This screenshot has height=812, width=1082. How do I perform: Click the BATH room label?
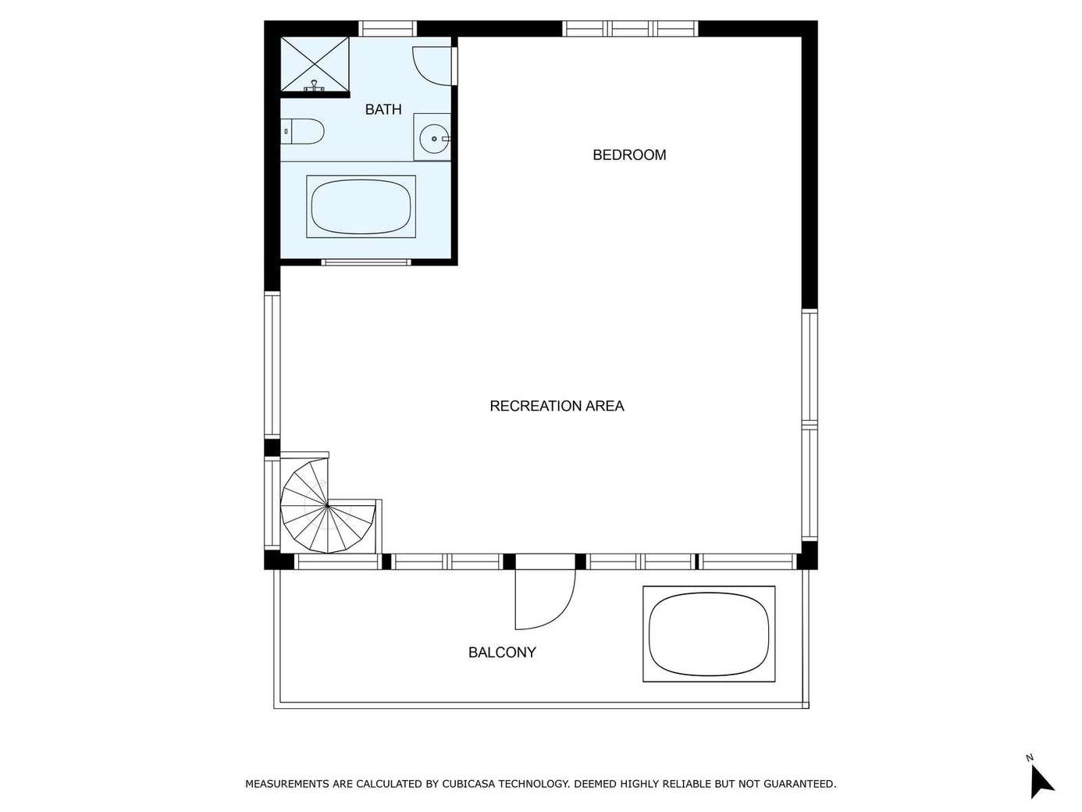(383, 109)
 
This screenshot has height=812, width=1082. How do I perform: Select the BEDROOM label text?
(629, 155)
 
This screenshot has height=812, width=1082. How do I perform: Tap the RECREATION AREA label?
(557, 406)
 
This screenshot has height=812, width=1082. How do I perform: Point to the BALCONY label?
(502, 652)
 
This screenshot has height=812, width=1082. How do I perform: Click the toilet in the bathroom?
(302, 132)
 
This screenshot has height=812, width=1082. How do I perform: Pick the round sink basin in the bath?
(434, 139)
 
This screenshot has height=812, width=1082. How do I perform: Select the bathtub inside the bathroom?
(361, 207)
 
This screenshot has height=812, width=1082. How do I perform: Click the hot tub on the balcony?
(709, 634)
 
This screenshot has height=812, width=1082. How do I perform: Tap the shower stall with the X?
(315, 65)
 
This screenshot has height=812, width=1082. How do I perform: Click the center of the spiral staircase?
(327, 505)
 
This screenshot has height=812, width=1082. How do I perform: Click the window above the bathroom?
(387, 29)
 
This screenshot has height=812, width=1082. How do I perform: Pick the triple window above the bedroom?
(631, 29)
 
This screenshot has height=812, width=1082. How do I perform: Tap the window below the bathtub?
(366, 262)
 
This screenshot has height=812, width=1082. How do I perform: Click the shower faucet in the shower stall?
(314, 87)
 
